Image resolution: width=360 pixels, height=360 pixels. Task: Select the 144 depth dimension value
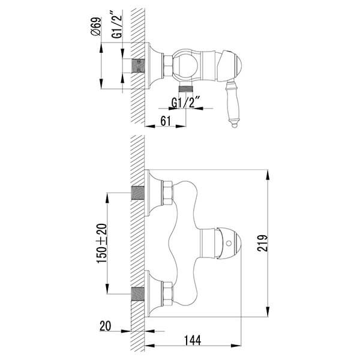coord(192,340)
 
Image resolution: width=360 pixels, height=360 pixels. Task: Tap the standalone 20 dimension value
coord(106,328)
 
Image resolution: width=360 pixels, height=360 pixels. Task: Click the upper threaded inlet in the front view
coord(139,193)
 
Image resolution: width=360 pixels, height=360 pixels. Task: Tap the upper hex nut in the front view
coord(166,193)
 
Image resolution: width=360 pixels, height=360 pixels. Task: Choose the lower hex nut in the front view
coord(166,293)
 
